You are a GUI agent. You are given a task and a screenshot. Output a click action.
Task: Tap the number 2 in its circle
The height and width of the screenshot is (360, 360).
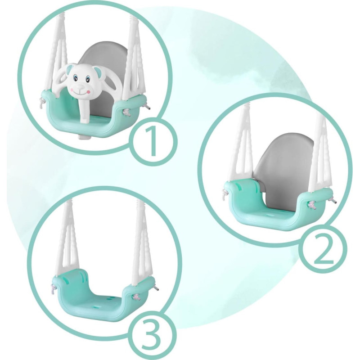[323, 250]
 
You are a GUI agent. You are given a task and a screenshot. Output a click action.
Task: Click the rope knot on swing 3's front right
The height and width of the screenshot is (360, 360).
[137, 298]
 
